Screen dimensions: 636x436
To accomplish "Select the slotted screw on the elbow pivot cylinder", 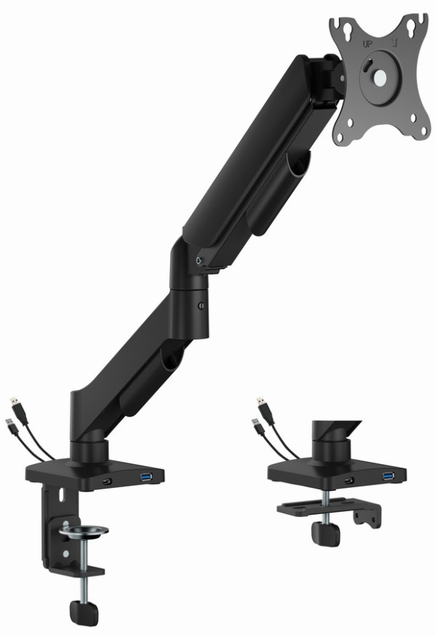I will pos(201,306).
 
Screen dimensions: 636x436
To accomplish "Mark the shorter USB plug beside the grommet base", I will pos(256,426).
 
